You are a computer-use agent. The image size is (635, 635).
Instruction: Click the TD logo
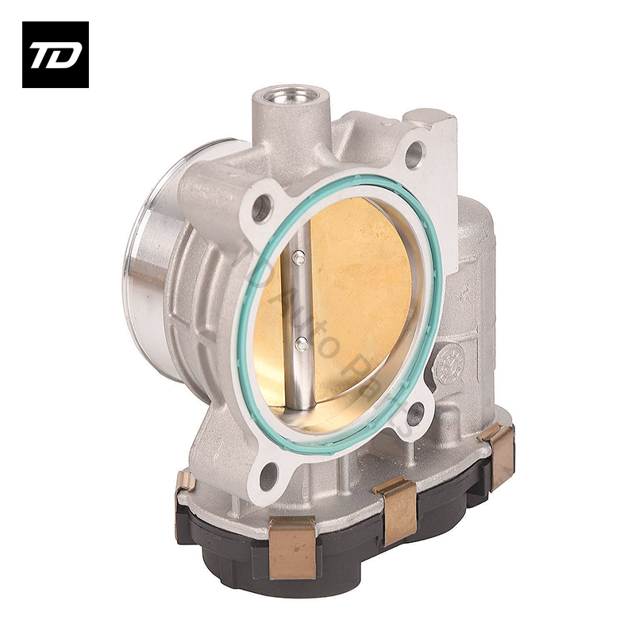click(x=55, y=55)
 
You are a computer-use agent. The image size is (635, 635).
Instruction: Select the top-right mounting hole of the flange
click(x=414, y=155)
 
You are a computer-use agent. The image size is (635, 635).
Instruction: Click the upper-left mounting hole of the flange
click(x=261, y=209)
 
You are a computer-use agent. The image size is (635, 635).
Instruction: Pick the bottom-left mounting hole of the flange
click(x=268, y=476)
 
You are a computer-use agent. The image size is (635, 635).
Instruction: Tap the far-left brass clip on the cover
click(x=186, y=481)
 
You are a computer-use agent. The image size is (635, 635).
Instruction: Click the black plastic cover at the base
click(x=349, y=548)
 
